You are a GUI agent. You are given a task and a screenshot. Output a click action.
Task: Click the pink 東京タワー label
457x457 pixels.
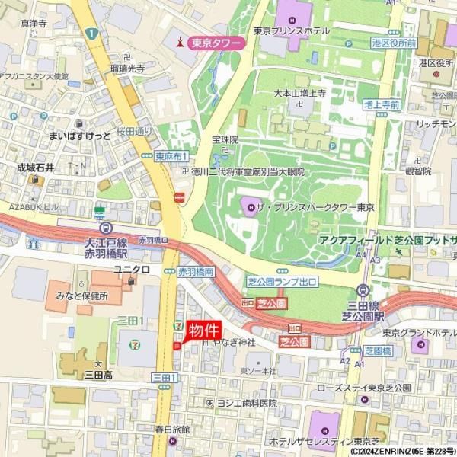coord(216,43)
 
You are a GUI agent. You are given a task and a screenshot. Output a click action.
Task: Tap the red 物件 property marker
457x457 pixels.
coord(203,330)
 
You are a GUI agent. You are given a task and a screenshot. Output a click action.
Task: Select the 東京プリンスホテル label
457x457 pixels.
coord(291,31)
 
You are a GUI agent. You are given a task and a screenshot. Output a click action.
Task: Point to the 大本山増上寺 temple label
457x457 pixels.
coord(299,93)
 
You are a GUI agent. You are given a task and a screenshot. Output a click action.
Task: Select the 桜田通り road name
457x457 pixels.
coord(136,132)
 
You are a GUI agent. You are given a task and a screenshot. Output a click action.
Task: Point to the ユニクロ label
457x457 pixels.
coord(129,270)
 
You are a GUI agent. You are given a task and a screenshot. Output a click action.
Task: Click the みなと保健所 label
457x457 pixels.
coord(81,296)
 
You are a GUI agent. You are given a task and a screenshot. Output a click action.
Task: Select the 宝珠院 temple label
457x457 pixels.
coord(225,140)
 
